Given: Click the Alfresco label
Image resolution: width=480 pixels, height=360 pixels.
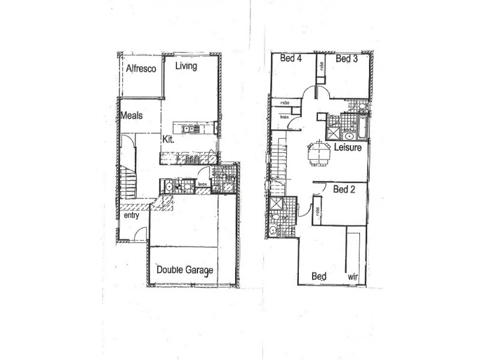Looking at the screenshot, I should [141, 69].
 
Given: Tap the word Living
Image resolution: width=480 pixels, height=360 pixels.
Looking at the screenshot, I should [186, 66].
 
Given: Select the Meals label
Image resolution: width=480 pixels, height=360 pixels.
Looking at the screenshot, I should [131, 115].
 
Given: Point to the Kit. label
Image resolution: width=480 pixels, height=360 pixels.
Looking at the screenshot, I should [168, 139].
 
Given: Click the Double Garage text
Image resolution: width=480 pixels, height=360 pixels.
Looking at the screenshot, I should [185, 270].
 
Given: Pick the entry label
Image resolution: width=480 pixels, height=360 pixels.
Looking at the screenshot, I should [131, 215].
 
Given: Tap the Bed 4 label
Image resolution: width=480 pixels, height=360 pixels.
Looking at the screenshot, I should [291, 58].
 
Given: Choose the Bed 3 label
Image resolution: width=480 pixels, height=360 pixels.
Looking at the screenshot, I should [347, 58].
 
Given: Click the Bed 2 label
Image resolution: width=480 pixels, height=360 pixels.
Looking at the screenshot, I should [344, 190].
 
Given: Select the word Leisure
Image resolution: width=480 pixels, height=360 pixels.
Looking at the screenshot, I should [348, 148].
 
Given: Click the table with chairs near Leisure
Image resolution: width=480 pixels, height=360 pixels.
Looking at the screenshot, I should [319, 152].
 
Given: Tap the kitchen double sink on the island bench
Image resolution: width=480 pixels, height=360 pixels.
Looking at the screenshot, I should [187, 128].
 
